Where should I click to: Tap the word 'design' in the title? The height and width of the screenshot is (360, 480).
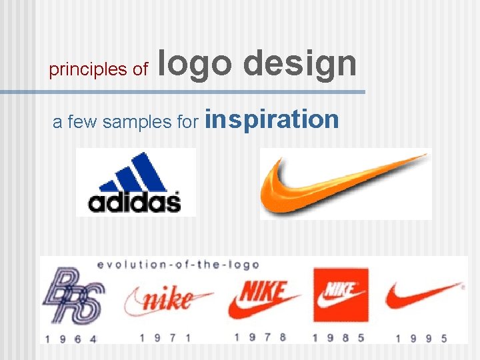300,65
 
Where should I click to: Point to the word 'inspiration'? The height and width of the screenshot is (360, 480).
273,119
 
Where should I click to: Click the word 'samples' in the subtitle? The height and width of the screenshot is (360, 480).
141,121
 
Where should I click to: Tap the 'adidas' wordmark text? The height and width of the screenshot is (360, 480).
135,201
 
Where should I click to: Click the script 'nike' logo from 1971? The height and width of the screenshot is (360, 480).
167,299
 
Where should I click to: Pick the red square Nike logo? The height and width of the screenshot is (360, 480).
341,295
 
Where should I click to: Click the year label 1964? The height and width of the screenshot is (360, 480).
71,338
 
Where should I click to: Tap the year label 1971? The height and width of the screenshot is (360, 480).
166,337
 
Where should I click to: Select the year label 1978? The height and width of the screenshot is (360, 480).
261,337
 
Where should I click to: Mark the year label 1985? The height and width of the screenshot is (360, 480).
341,337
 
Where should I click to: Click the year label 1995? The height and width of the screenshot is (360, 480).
421,338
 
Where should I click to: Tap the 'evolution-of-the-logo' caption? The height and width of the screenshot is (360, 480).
178,265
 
